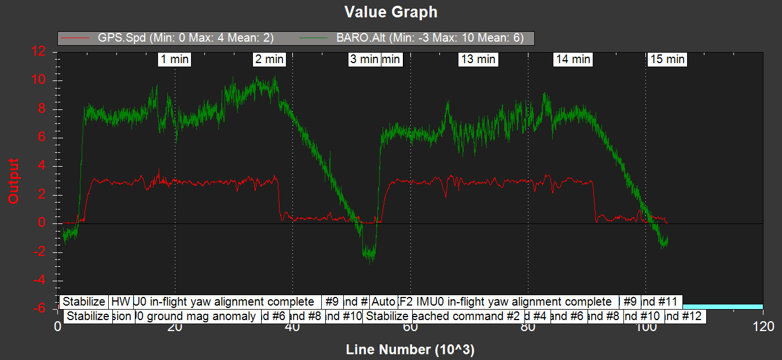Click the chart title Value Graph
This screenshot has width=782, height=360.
click(x=391, y=12)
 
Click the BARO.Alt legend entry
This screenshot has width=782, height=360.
click(x=429, y=38)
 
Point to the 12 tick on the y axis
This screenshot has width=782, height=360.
click(x=39, y=52)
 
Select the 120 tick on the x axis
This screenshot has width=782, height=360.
click(x=762, y=327)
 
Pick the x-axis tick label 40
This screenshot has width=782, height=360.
click(x=292, y=327)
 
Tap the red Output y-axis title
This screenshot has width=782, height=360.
click(x=13, y=181)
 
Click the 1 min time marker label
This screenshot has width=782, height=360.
click(x=174, y=59)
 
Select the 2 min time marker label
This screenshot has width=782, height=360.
click(x=269, y=59)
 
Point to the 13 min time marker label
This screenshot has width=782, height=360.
click(x=478, y=59)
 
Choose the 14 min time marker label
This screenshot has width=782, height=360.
click(x=572, y=59)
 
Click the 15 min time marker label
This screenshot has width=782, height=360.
click(x=667, y=59)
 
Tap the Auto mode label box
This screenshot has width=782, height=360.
click(x=383, y=302)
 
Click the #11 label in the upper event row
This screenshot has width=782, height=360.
click(x=662, y=302)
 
